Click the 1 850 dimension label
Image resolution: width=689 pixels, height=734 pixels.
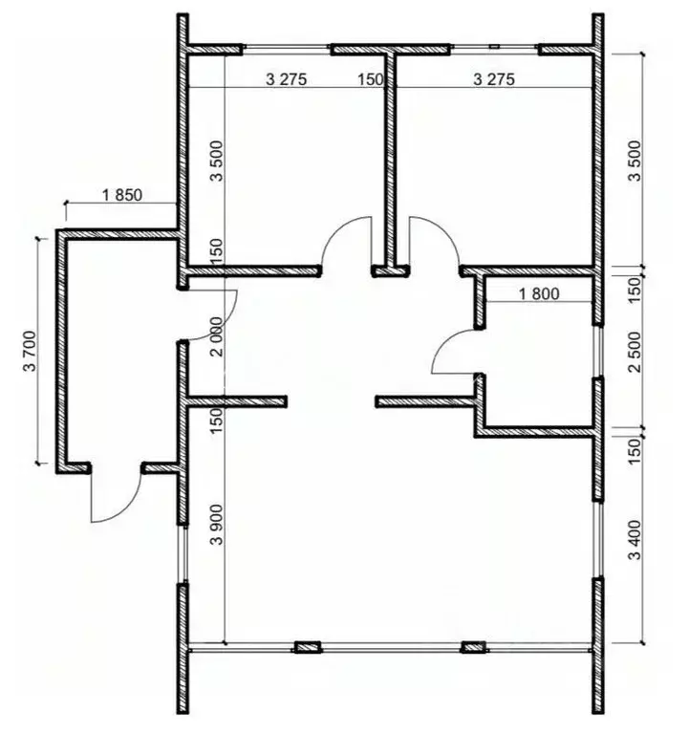(121, 195)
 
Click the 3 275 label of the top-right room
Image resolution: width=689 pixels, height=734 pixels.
(494, 80)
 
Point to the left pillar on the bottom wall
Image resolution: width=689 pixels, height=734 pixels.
(307, 648)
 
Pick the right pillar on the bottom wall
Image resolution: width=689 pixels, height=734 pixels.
(472, 648)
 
